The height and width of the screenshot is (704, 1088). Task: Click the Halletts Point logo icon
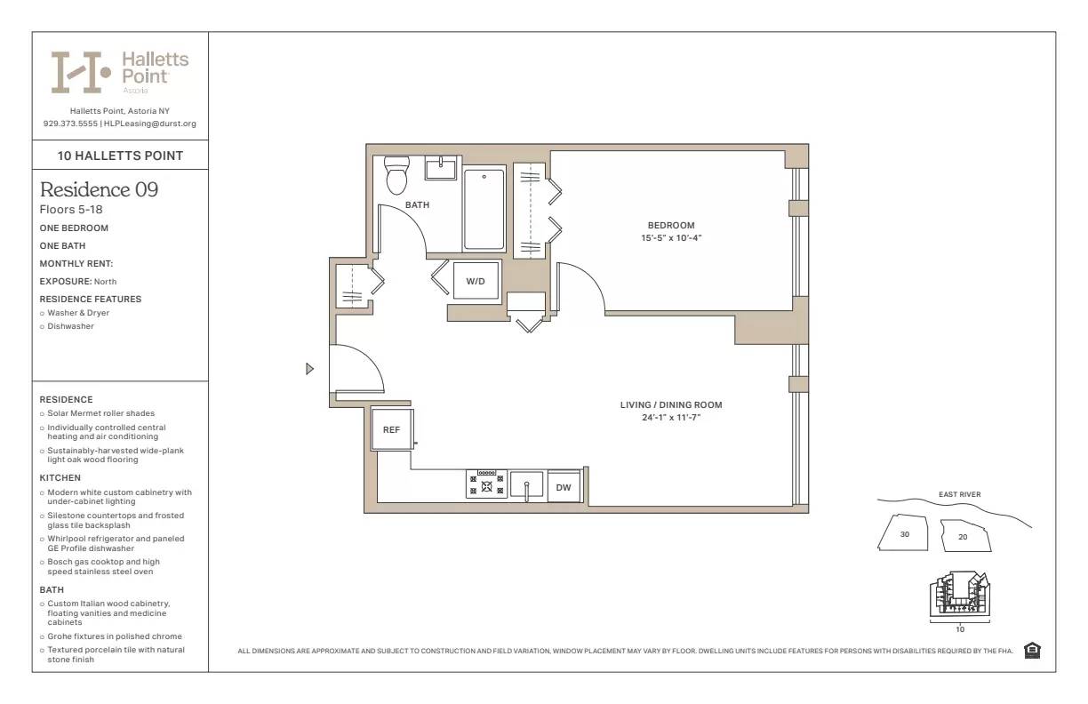(81, 72)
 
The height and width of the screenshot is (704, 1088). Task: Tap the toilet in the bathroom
(396, 175)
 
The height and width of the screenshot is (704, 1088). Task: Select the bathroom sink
(440, 168)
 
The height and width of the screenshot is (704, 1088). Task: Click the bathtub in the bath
(484, 210)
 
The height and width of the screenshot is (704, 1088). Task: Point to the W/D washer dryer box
(476, 282)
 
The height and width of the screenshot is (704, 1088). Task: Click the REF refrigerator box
(391, 429)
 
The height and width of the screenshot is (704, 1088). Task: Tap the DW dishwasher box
(564, 487)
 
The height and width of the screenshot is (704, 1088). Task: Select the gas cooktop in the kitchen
(486, 484)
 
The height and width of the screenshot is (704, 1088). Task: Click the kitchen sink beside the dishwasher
(527, 485)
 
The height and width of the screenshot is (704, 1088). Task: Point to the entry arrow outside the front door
(309, 369)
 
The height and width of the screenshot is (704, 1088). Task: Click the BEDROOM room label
(671, 226)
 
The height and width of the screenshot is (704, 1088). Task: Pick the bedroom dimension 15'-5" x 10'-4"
(671, 238)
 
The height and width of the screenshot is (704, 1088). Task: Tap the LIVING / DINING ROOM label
(671, 405)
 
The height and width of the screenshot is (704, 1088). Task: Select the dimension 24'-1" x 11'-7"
(671, 418)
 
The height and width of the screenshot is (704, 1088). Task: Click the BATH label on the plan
(417, 205)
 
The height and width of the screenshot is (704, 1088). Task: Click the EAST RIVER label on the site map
(959, 495)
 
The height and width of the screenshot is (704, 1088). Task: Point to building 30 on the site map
(905, 535)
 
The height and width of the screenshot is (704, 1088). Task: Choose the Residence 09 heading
(100, 189)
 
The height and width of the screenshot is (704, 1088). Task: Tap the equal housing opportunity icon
(1032, 651)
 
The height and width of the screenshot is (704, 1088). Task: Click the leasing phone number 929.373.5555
(70, 124)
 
